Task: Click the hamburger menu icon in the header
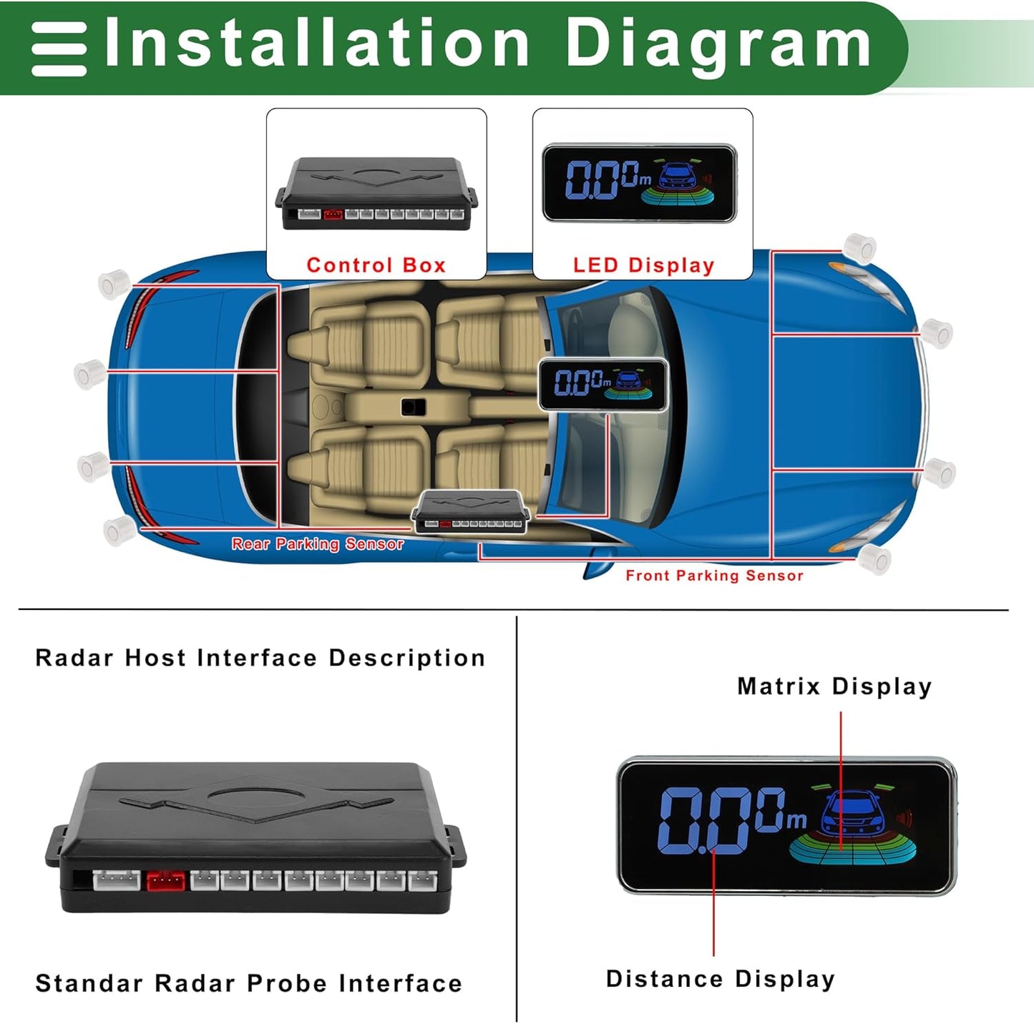pos(59,49)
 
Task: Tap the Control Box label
pos(376,265)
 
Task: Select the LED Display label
pos(643,265)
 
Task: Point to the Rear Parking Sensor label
pos(318,544)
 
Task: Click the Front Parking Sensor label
pos(714,576)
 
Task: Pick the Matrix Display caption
pos(834,686)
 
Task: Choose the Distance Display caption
pos(720,979)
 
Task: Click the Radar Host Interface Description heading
pos(260,658)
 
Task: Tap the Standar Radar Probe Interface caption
pos(248,983)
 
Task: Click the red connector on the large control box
pos(165,880)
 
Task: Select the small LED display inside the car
pos(603,385)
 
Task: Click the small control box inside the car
pos(470,512)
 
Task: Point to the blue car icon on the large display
pos(852,814)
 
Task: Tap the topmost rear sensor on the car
pos(113,283)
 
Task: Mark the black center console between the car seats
pos(413,407)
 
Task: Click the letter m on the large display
pos(796,819)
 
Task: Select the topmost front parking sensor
pos(859,247)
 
